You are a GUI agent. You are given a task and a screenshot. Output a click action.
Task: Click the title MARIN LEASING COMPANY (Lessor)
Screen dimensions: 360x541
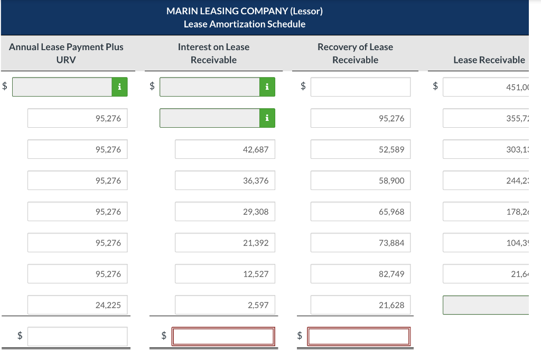[x=244, y=11]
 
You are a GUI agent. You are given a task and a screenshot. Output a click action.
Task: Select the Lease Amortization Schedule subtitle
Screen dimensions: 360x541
[x=244, y=24]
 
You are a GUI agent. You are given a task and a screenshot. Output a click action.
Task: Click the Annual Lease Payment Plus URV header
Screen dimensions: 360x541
[x=66, y=53]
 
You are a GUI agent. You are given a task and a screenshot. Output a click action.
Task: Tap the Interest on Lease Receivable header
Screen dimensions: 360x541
[x=213, y=53]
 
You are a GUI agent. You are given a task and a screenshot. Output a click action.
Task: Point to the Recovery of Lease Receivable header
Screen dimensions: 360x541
[x=355, y=53]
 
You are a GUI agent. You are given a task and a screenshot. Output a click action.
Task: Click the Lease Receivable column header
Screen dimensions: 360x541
[x=489, y=60]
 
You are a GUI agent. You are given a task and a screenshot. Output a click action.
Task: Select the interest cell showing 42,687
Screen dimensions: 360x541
[x=225, y=149]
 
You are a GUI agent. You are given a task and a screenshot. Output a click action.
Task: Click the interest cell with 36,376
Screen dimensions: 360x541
[x=225, y=181]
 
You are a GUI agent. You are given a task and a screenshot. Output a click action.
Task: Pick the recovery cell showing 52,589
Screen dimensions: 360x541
[x=360, y=149]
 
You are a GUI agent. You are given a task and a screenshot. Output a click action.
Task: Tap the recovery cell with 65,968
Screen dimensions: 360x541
[x=360, y=212]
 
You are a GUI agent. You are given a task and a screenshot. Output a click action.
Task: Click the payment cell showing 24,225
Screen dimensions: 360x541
[x=77, y=305]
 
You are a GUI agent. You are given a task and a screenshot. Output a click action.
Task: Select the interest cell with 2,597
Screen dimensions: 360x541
[x=225, y=305]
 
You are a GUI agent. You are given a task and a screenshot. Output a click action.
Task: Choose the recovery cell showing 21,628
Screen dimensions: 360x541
[x=360, y=305]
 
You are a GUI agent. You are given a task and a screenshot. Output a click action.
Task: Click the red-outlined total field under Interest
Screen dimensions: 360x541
[x=224, y=336]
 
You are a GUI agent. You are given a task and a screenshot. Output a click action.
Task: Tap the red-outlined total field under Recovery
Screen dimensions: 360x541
[x=359, y=336]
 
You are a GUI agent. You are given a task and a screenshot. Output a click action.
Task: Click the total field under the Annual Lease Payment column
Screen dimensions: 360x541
[x=77, y=336]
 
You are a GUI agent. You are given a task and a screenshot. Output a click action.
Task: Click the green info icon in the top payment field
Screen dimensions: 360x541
[x=120, y=87]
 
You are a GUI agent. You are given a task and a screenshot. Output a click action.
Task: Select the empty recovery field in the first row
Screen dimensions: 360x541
[x=360, y=87]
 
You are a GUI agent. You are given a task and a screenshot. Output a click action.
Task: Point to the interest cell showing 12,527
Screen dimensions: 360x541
[x=225, y=274]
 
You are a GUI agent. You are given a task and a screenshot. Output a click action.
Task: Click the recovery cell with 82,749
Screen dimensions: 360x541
[x=360, y=274]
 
